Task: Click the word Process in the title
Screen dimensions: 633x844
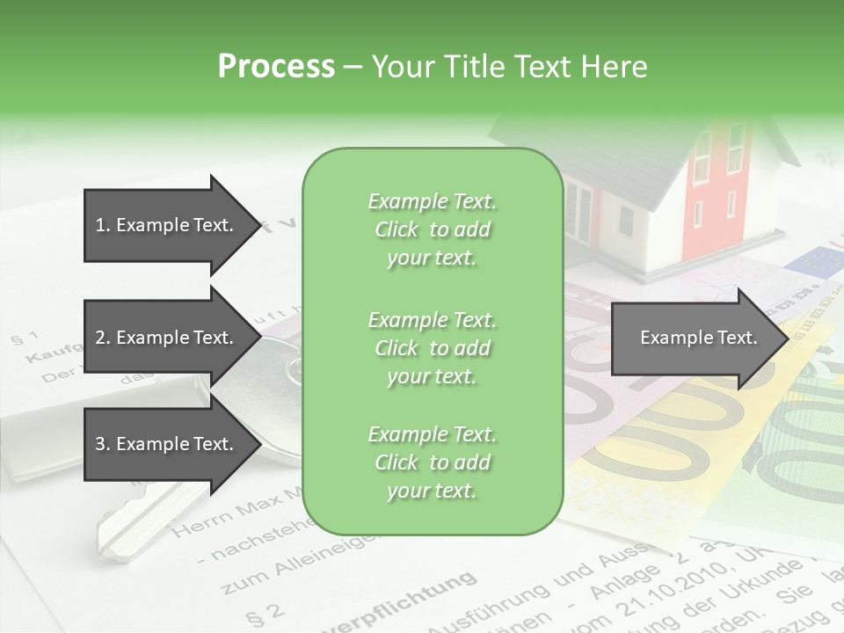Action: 276,67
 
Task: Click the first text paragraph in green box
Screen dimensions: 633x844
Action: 432,229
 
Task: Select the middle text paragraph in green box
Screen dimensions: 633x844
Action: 432,347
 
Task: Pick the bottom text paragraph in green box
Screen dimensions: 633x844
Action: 432,462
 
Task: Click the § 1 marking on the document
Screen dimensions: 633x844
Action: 24,338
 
